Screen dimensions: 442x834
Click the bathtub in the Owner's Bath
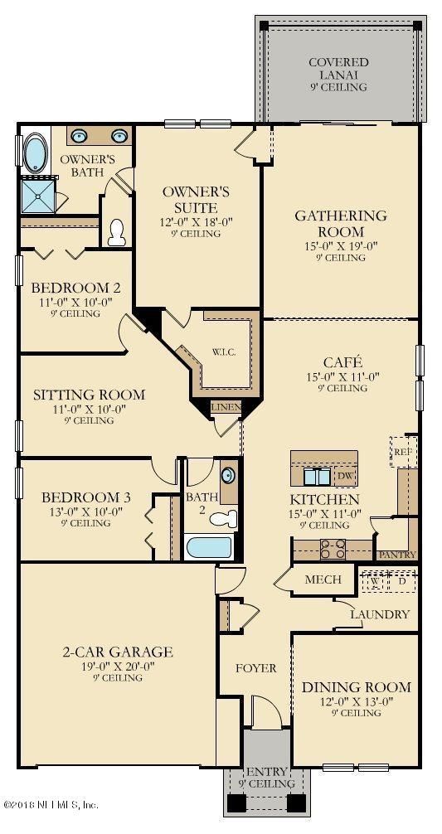click(36, 153)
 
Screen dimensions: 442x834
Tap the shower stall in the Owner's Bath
click(39, 195)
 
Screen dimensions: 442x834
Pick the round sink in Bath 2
click(229, 475)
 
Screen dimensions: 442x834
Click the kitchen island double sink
click(317, 477)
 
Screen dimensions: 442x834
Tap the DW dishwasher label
click(344, 476)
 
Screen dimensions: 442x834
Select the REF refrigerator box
click(404, 452)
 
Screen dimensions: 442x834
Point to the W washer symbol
click(375, 581)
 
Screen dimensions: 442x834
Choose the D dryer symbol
click(403, 581)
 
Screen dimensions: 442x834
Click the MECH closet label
click(323, 579)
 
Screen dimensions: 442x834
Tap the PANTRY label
click(397, 555)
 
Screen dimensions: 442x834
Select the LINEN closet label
click(226, 407)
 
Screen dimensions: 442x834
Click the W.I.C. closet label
click(223, 352)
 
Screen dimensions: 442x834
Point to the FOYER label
click(256, 668)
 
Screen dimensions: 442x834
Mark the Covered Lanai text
click(339, 69)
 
